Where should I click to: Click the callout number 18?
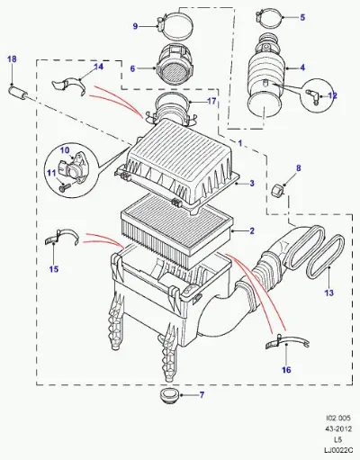[12, 59]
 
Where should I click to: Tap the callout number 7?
[202, 394]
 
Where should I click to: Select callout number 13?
[329, 293]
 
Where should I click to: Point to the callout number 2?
[252, 230]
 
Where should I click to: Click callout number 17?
[211, 101]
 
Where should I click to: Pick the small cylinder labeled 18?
[19, 92]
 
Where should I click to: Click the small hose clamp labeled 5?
[269, 18]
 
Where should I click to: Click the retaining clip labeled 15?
[61, 237]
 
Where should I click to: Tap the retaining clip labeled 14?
[68, 86]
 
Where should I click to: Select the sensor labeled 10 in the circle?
[71, 170]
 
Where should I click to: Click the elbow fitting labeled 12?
[312, 96]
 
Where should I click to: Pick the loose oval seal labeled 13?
[325, 257]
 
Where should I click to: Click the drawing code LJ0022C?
[337, 450]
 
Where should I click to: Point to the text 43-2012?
[339, 428]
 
